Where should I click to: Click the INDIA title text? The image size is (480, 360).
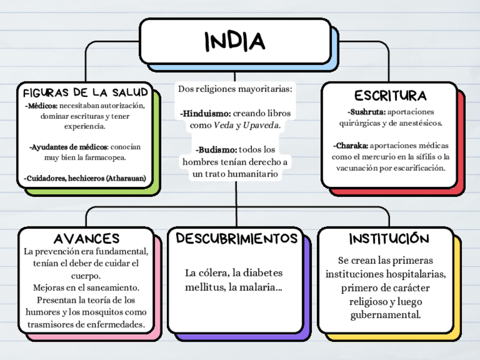click(234, 41)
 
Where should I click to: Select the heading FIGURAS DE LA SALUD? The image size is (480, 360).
click(85, 92)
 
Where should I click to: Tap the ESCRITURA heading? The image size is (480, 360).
click(390, 95)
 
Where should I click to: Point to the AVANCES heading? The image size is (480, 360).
click(87, 238)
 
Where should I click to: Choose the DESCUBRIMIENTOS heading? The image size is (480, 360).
click(237, 238)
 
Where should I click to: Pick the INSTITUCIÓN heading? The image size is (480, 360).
click(389, 238)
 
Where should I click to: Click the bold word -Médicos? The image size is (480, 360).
click(41, 105)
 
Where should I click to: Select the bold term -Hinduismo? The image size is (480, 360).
click(205, 113)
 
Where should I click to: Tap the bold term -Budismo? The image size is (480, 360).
click(216, 150)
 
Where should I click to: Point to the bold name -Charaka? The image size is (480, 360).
click(351, 145)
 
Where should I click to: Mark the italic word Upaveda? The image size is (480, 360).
click(262, 125)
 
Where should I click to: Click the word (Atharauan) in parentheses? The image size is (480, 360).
click(126, 178)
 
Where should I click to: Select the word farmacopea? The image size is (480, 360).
click(104, 157)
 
